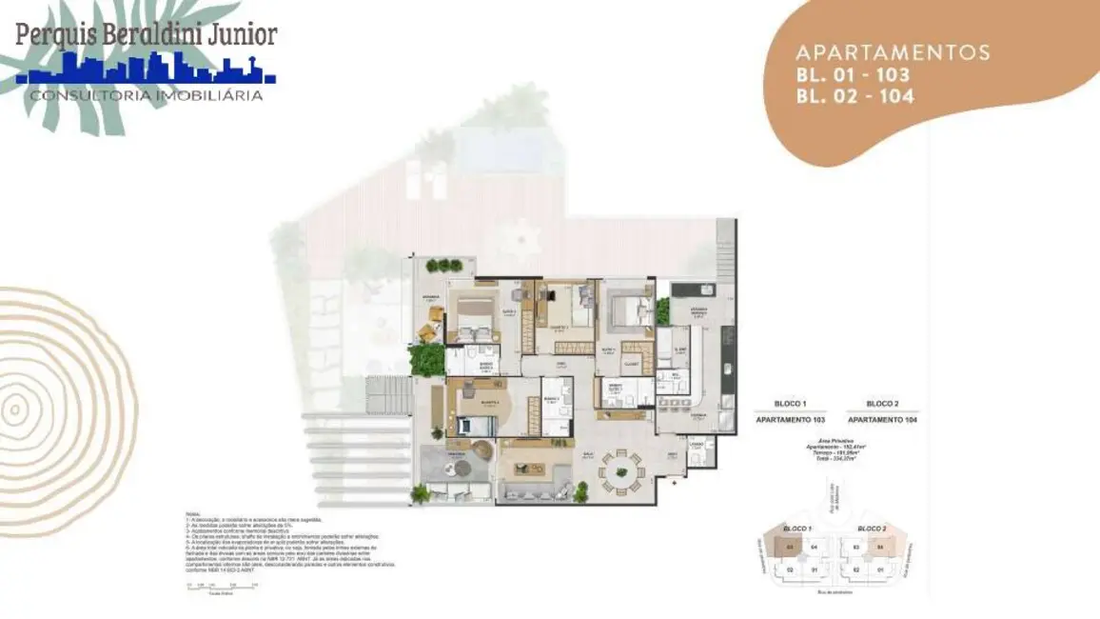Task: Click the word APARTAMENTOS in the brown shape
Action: point(893,52)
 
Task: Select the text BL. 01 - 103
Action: point(853,74)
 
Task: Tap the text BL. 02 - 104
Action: point(855,95)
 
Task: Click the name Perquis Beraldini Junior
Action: point(147,35)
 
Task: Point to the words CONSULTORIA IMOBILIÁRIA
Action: point(147,95)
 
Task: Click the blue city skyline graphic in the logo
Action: point(147,70)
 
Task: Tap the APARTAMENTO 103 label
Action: point(790,419)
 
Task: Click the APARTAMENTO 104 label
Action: point(882,419)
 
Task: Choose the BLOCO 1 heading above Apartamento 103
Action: point(790,404)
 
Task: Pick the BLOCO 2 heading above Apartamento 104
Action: point(882,404)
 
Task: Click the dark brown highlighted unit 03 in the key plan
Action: point(789,547)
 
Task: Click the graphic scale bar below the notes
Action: point(223,587)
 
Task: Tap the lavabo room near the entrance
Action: point(697,451)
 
